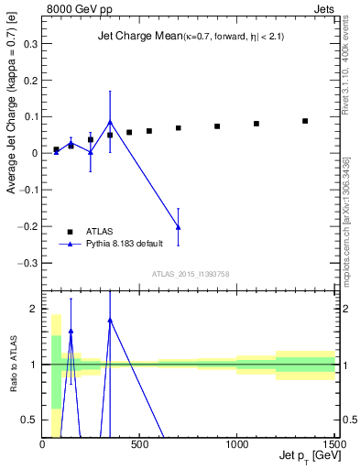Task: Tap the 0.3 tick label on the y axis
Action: (x=29, y=43)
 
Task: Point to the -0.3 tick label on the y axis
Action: (x=27, y=263)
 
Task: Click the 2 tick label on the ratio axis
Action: (x=34, y=310)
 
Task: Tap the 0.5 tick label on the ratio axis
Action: (x=29, y=420)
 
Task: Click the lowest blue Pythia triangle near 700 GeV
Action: (x=178, y=227)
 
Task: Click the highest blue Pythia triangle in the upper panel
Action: (x=110, y=122)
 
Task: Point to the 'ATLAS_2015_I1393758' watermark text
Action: (x=191, y=274)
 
